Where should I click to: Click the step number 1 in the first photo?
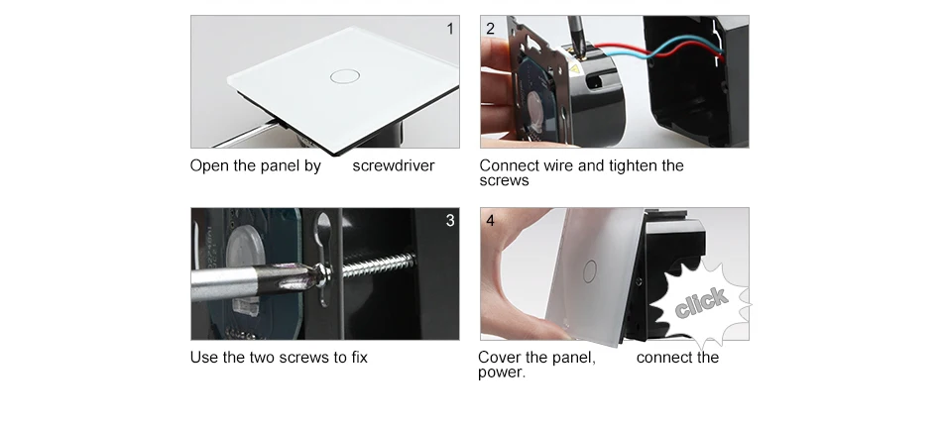click(x=450, y=29)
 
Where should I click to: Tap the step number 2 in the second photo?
click(x=490, y=29)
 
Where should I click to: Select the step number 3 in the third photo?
click(x=450, y=221)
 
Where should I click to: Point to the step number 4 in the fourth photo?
click(x=490, y=221)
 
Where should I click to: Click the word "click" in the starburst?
click(x=701, y=302)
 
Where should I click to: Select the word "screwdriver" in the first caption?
click(x=394, y=165)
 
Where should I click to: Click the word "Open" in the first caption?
click(x=209, y=166)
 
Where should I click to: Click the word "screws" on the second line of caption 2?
click(x=504, y=181)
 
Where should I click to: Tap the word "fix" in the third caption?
click(x=359, y=358)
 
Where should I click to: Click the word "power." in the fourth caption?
click(x=502, y=373)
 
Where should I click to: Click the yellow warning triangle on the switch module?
click(x=574, y=69)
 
